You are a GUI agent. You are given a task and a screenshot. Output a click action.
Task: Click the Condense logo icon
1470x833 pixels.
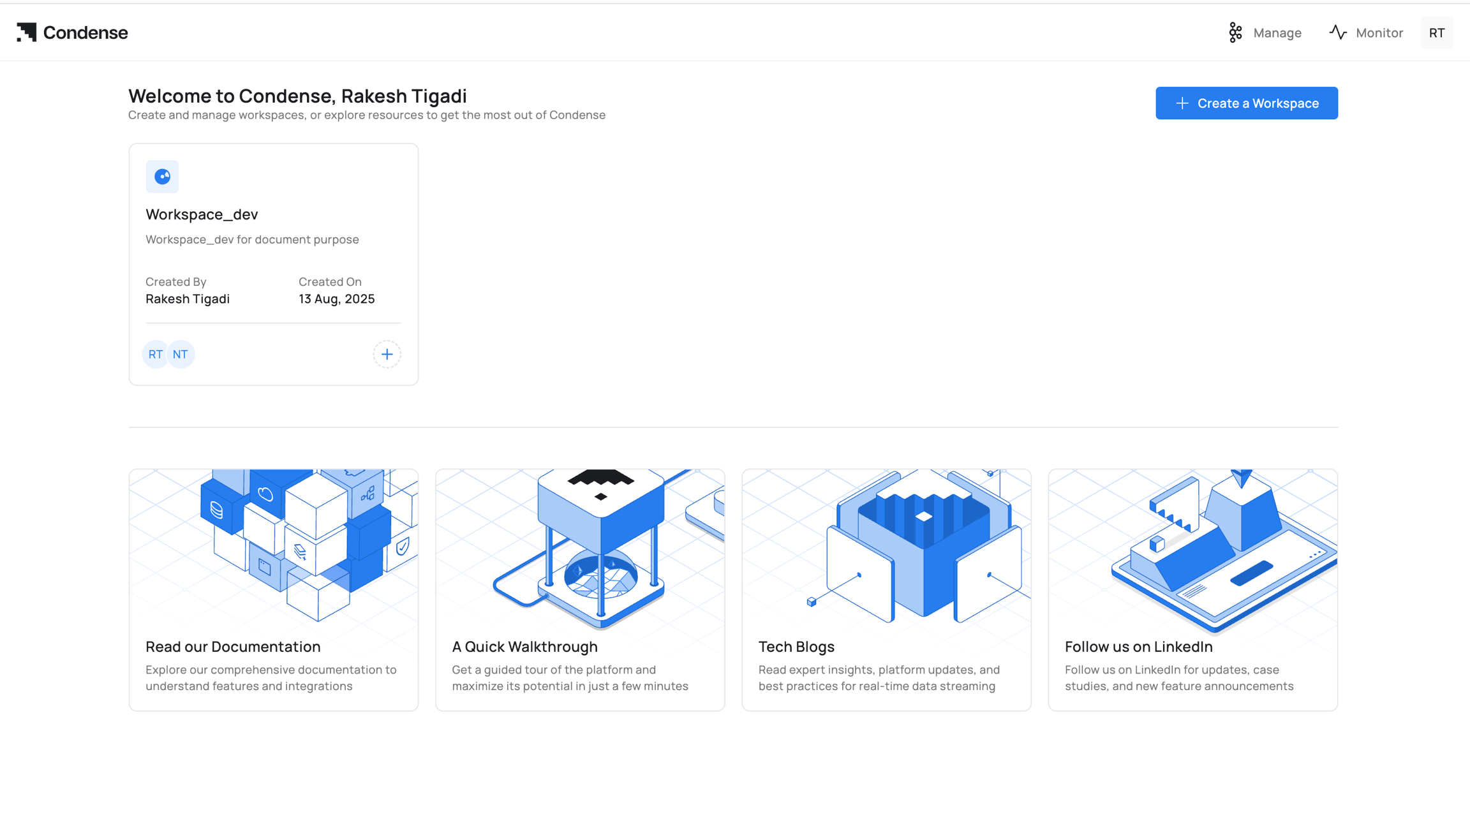tap(27, 33)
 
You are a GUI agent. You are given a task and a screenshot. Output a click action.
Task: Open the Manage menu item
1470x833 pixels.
tap(1265, 33)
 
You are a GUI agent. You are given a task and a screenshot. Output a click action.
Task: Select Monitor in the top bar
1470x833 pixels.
tap(1366, 33)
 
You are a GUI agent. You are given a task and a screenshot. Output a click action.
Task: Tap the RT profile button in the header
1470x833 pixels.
tap(1437, 33)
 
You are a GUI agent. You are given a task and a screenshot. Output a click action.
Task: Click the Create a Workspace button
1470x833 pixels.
tap(1247, 103)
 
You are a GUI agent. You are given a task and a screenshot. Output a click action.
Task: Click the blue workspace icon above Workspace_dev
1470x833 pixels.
tap(162, 177)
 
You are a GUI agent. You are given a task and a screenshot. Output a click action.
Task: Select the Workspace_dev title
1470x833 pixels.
tap(202, 214)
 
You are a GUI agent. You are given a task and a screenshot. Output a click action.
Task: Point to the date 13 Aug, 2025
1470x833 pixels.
tap(337, 299)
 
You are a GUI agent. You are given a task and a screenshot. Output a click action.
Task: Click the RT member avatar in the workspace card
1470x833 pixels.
tap(155, 354)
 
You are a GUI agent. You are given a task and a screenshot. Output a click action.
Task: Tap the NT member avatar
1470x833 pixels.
tap(181, 354)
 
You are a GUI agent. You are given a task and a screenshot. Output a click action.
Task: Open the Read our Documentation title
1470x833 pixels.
tap(233, 646)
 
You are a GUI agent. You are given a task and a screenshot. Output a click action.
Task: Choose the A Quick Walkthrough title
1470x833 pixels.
tap(524, 646)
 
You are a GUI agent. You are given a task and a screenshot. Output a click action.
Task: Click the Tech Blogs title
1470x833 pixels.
tap(796, 646)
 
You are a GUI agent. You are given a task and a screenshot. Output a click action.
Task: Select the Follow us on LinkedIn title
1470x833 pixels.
tap(1139, 646)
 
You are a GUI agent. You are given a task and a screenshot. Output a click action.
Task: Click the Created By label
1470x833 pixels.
tap(176, 281)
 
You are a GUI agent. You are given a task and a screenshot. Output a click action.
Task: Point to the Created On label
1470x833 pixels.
tap(330, 281)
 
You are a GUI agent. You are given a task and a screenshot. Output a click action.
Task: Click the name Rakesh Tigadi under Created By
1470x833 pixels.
tap(188, 299)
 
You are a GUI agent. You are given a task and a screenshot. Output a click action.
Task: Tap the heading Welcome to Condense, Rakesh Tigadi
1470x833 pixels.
tap(297, 96)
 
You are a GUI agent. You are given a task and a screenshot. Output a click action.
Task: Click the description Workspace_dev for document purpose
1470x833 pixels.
tap(252, 239)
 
